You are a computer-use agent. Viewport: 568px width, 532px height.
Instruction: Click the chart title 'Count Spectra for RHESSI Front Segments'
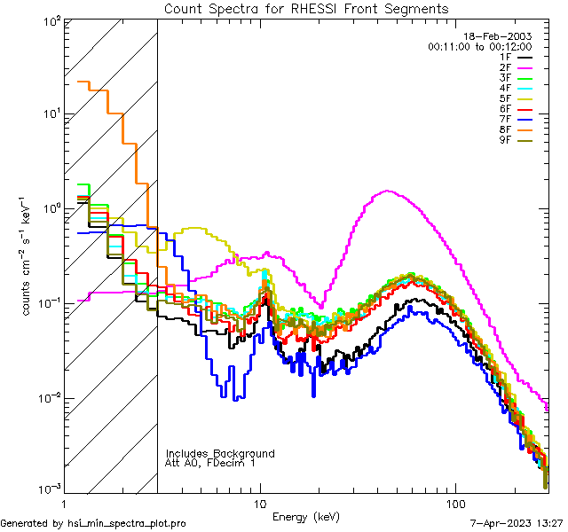306,8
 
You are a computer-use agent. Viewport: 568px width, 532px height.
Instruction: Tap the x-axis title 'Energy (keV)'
306,516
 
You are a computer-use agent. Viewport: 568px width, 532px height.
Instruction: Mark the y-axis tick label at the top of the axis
50,20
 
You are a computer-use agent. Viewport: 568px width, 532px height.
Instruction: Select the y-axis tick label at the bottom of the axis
50,489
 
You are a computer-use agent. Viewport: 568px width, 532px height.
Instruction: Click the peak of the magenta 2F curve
388,191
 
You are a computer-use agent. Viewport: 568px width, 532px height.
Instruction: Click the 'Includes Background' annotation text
220,453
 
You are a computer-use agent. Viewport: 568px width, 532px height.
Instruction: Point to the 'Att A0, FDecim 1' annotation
210,463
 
